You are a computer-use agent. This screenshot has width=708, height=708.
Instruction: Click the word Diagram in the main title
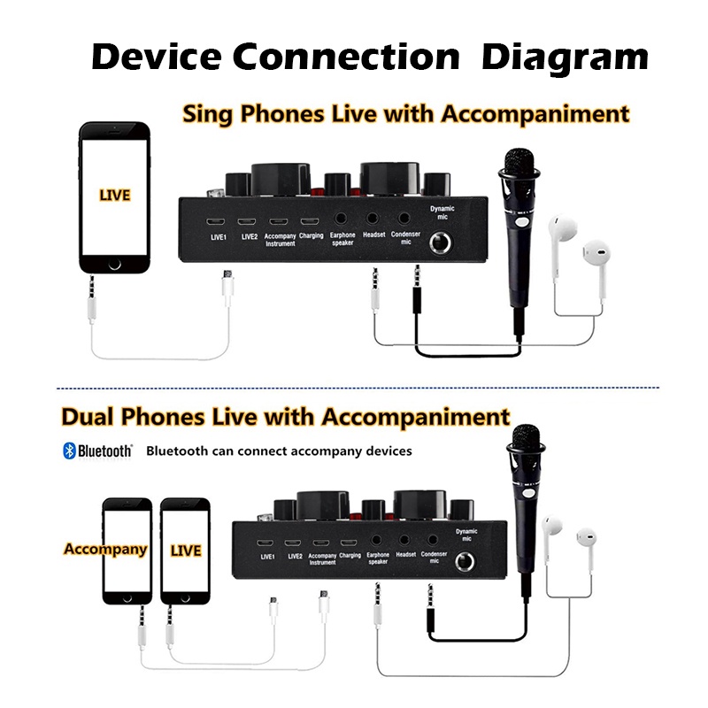pyautogui.click(x=565, y=58)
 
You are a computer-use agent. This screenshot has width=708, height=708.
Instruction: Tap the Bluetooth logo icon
pyautogui.click(x=69, y=450)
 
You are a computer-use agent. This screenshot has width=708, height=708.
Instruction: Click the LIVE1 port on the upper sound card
pyautogui.click(x=216, y=221)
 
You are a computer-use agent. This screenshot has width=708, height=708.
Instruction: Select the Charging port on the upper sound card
pyautogui.click(x=310, y=221)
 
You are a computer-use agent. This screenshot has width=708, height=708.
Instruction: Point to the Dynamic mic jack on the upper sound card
pyautogui.click(x=440, y=243)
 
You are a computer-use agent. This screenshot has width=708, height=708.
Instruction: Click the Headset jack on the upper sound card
pyautogui.click(x=372, y=219)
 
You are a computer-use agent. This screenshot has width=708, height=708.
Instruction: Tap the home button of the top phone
pyautogui.click(x=115, y=264)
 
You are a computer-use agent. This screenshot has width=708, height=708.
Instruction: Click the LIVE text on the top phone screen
pyautogui.click(x=115, y=195)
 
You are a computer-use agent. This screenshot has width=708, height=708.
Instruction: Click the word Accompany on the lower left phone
pyautogui.click(x=105, y=549)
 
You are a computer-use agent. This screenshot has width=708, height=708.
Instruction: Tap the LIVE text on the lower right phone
pyautogui.click(x=186, y=550)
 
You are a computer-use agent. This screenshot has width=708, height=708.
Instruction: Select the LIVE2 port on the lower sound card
pyautogui.click(x=293, y=543)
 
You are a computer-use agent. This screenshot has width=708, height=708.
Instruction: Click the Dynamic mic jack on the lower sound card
pyautogui.click(x=464, y=562)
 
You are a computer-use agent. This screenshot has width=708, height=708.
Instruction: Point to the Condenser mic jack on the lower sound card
pyautogui.click(x=433, y=540)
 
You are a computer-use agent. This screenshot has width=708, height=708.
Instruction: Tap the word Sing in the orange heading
pyautogui.click(x=207, y=114)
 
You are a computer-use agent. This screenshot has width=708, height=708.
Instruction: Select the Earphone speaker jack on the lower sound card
pyautogui.click(x=375, y=540)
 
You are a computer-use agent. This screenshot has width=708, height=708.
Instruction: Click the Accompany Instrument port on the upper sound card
pyautogui.click(x=279, y=221)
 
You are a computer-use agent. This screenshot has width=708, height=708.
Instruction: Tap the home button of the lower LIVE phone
pyautogui.click(x=185, y=599)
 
